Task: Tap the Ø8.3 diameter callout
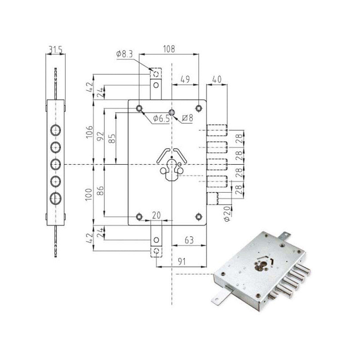pos(124,54)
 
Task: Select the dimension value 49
pos(184,79)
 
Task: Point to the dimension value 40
pos(216,79)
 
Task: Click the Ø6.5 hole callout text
pos(161,118)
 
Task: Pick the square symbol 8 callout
pos(188,118)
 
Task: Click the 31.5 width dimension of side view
pos(55,49)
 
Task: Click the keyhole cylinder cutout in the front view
pos(172,169)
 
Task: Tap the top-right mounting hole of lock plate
pos(198,108)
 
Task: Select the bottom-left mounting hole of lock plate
pos(139,216)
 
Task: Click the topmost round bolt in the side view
pos(55,130)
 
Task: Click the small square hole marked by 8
pos(171,112)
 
